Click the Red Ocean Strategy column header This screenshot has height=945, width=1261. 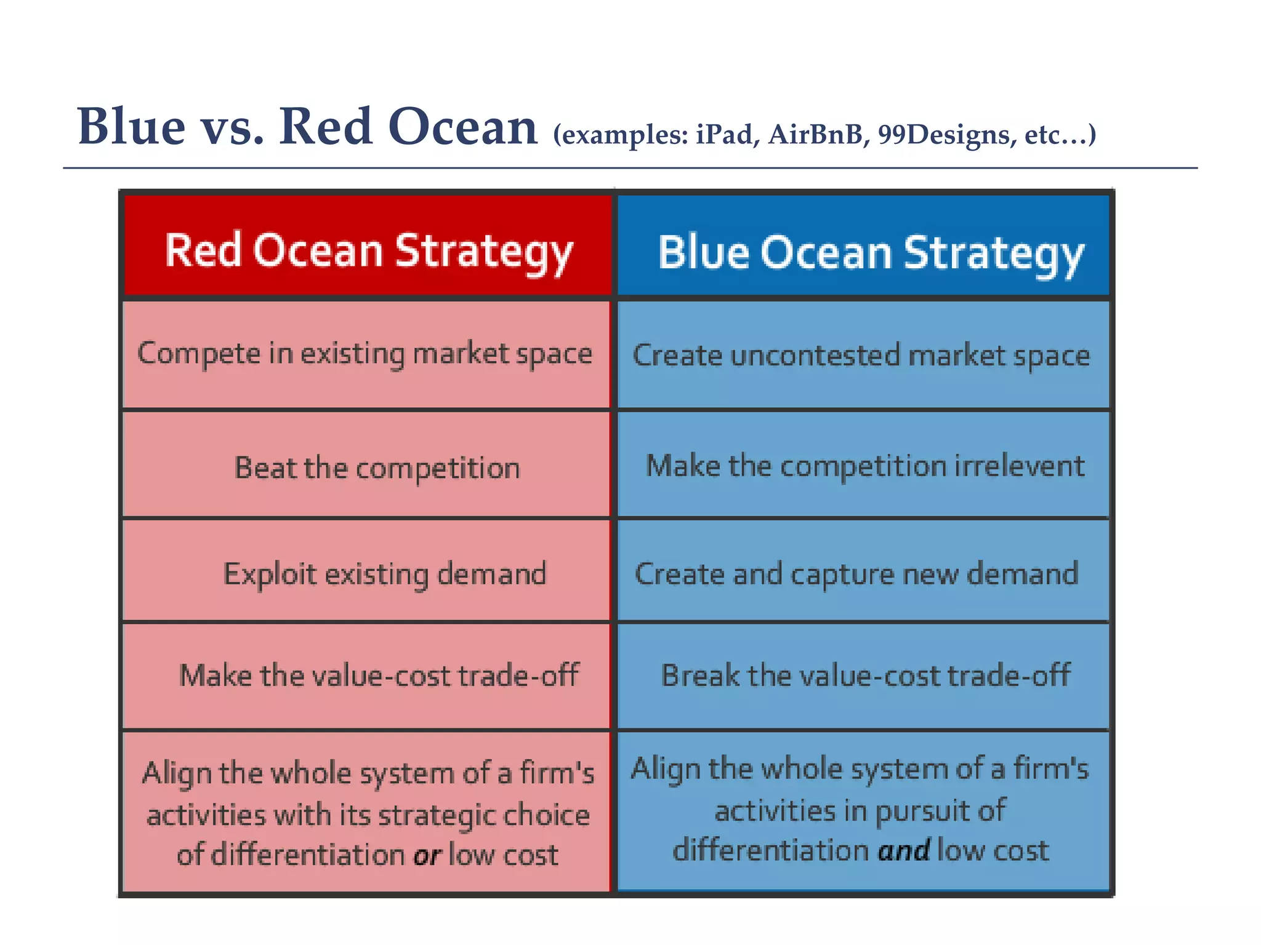(x=368, y=251)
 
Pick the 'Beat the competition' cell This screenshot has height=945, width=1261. (x=377, y=468)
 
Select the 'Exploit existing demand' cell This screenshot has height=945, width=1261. (x=384, y=574)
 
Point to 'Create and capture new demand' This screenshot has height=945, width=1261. (x=856, y=574)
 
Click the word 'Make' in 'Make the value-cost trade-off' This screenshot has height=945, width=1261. (x=215, y=676)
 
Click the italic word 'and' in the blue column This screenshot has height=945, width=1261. (x=903, y=851)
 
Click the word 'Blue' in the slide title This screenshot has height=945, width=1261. (x=131, y=127)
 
